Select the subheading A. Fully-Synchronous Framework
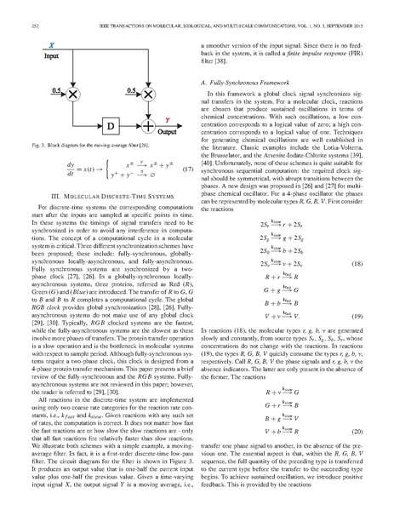[x=245, y=81]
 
